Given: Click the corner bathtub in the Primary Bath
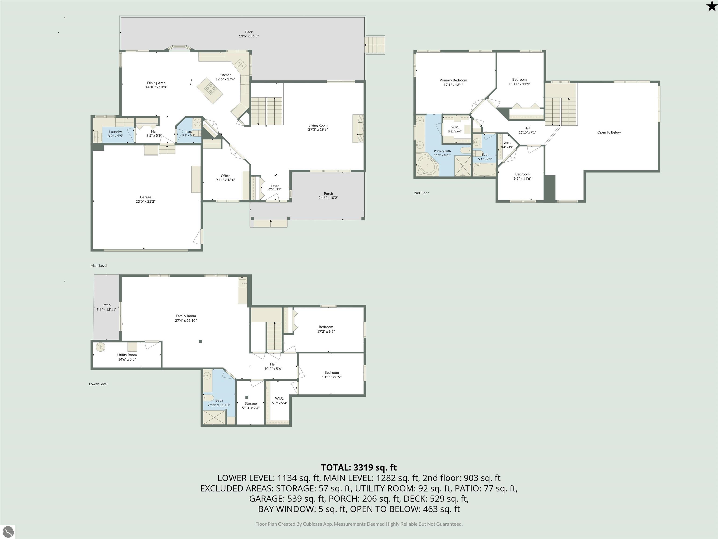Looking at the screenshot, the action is pyautogui.click(x=427, y=166).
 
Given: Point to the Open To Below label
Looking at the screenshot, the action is pyautogui.click(x=609, y=132).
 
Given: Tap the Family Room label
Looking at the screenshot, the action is pyautogui.click(x=186, y=316).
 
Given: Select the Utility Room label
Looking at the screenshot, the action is pyautogui.click(x=127, y=355).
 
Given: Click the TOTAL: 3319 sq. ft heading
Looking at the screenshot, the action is pyautogui.click(x=359, y=467).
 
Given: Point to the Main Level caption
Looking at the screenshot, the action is pyautogui.click(x=99, y=266).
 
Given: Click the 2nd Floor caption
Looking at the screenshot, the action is pyautogui.click(x=421, y=193).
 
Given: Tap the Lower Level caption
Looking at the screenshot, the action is pyautogui.click(x=98, y=384).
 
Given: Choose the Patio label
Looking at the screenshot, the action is pyautogui.click(x=107, y=305).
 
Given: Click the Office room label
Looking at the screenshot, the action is pyautogui.click(x=226, y=176).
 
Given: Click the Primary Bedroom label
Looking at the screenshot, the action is pyautogui.click(x=453, y=80).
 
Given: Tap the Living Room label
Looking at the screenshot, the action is pyautogui.click(x=318, y=125).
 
